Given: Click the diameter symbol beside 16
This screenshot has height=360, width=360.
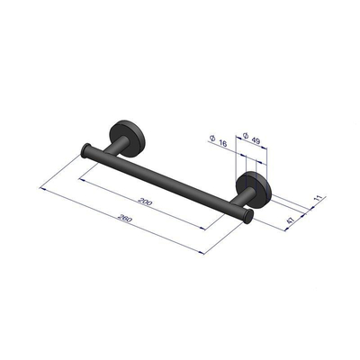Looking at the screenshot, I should [210, 138].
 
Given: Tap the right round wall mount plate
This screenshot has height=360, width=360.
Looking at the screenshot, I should [255, 192].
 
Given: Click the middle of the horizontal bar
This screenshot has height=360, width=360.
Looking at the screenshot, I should [166, 185].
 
